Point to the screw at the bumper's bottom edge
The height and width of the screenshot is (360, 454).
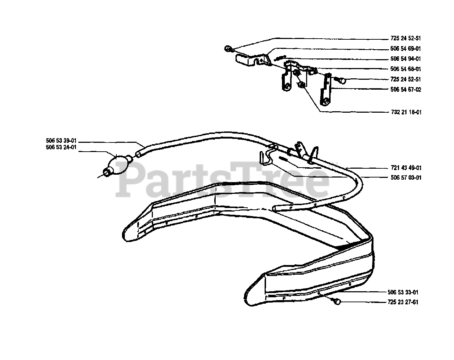[337, 302]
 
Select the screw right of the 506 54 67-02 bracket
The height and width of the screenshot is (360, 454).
[342, 80]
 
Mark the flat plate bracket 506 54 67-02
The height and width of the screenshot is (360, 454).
[327, 90]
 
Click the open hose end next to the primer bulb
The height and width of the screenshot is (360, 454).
[138, 154]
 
